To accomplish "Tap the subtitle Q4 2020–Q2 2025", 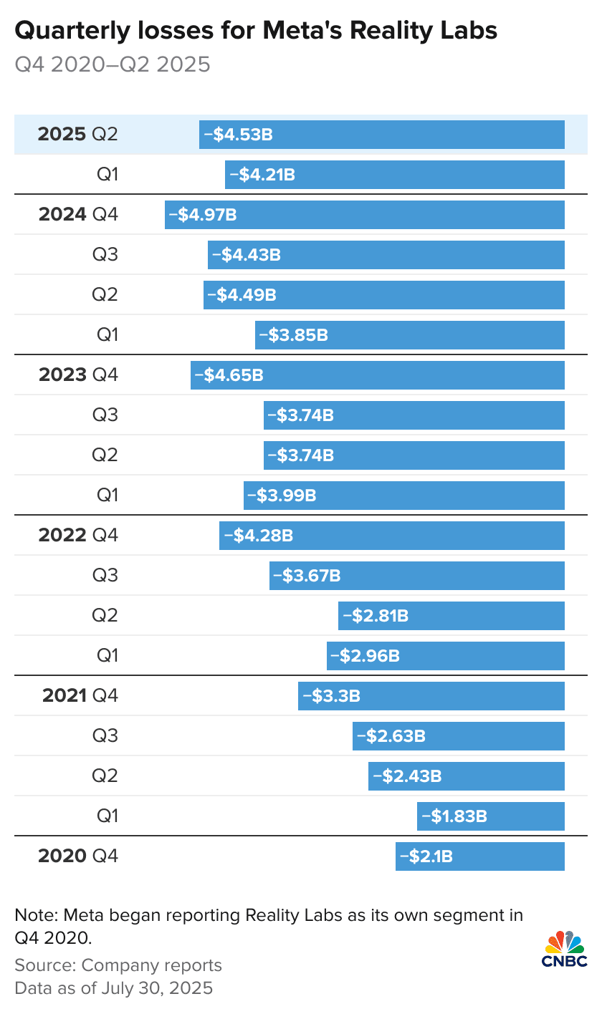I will [113, 65].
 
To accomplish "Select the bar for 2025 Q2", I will [381, 135].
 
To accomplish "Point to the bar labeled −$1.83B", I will [490, 816].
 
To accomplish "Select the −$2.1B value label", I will [426, 856].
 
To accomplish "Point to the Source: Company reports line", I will [118, 965].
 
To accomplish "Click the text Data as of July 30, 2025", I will [114, 988].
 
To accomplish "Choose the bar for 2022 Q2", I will [451, 616].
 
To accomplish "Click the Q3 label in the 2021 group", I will [105, 736].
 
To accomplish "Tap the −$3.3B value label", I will [331, 696].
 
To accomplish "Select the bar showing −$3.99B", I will [404, 496].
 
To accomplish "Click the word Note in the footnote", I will [34, 915].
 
